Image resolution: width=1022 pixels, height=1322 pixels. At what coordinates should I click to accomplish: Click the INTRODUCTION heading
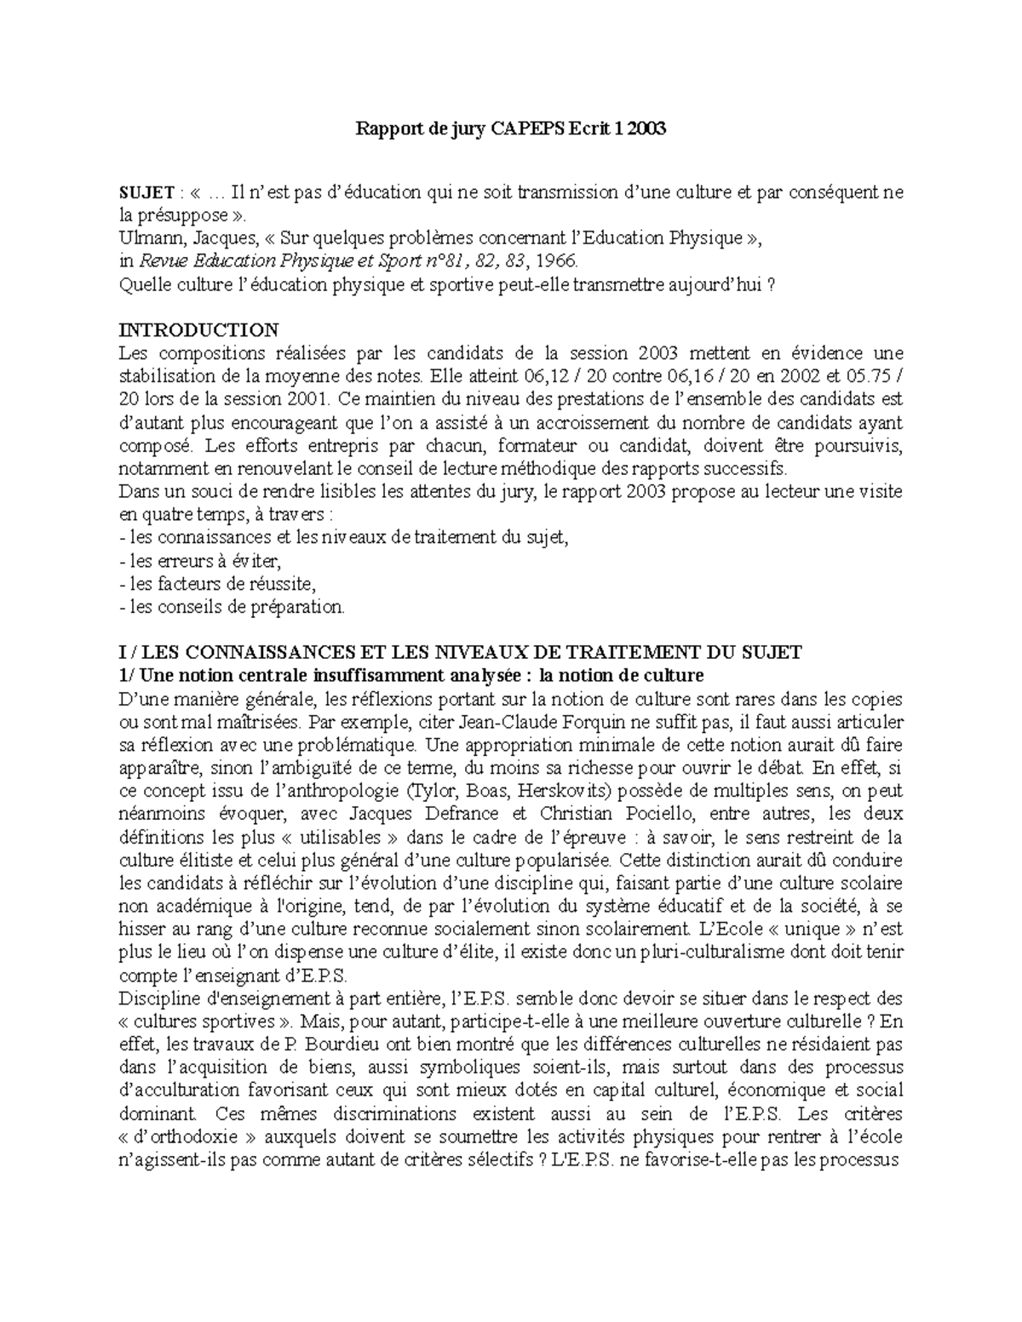click(199, 330)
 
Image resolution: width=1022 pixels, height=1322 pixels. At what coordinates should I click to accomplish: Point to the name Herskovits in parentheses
click(562, 792)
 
